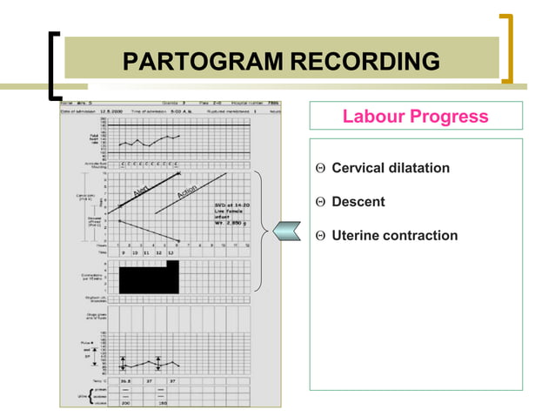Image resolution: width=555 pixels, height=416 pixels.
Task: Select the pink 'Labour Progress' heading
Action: [415, 117]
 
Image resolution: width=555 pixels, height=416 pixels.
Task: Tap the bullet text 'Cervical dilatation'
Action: [391, 167]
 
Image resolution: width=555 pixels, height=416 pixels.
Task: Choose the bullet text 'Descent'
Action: [358, 202]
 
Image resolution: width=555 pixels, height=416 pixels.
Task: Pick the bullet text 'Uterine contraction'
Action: [394, 236]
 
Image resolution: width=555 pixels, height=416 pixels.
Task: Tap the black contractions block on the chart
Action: [146, 279]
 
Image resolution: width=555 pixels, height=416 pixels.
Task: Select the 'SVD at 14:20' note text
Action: [231, 206]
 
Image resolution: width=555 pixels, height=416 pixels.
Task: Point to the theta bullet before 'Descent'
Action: [320, 203]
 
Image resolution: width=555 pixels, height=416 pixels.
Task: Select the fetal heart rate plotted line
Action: [149, 140]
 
